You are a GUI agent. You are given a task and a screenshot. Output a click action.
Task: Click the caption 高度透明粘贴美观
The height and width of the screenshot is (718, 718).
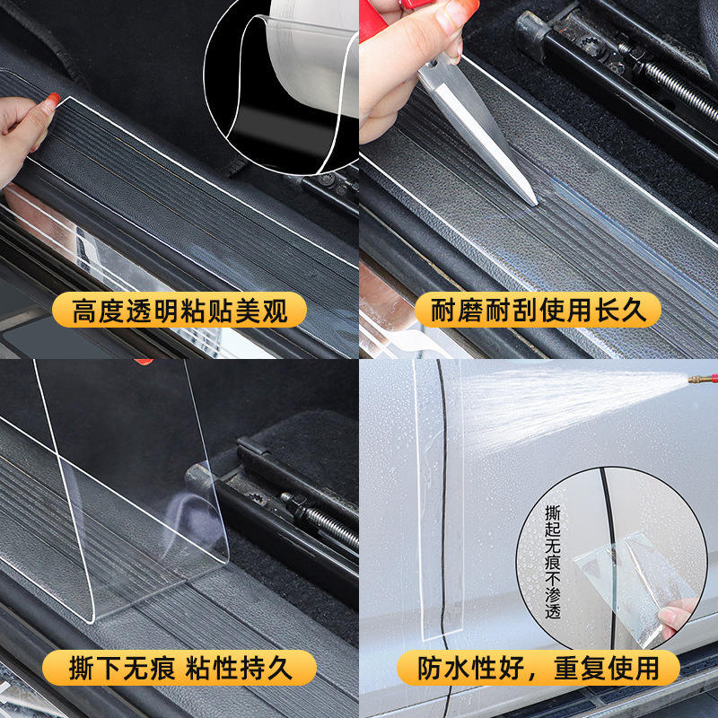tap(179, 311)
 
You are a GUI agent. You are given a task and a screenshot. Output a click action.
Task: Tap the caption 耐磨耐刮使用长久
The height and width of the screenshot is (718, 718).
tap(538, 310)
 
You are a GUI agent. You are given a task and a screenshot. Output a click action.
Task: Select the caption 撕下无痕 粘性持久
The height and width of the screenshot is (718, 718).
tap(180, 668)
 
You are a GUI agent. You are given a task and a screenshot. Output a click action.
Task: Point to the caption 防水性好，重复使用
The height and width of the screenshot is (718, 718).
tap(538, 668)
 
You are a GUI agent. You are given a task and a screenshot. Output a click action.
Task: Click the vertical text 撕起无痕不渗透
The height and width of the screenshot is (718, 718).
tap(553, 562)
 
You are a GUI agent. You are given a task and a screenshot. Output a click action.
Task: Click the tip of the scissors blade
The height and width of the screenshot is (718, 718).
tap(536, 205)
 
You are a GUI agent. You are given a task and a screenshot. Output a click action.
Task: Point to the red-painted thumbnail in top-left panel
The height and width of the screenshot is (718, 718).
tap(53, 100)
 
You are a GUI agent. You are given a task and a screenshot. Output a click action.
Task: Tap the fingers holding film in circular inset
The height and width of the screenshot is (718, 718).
tap(677, 616)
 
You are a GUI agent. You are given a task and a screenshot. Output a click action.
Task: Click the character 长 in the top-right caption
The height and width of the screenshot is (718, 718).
tap(609, 310)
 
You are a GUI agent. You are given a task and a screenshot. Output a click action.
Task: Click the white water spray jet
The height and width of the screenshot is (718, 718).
tap(573, 403)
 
